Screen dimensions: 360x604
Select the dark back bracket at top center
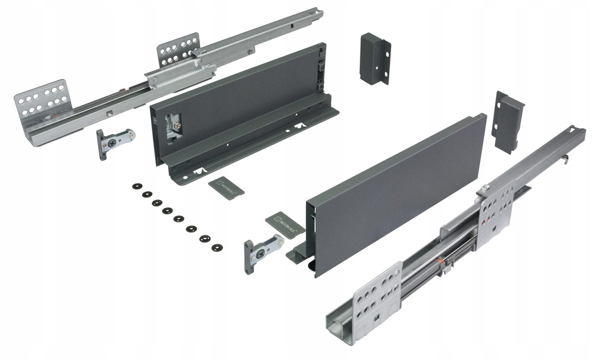click(x=374, y=58)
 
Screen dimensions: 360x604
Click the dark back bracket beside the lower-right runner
click(x=507, y=120)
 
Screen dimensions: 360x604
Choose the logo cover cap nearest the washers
click(x=226, y=185)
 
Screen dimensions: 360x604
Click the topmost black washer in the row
click(x=137, y=186)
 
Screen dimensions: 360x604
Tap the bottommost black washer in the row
click(x=216, y=247)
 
